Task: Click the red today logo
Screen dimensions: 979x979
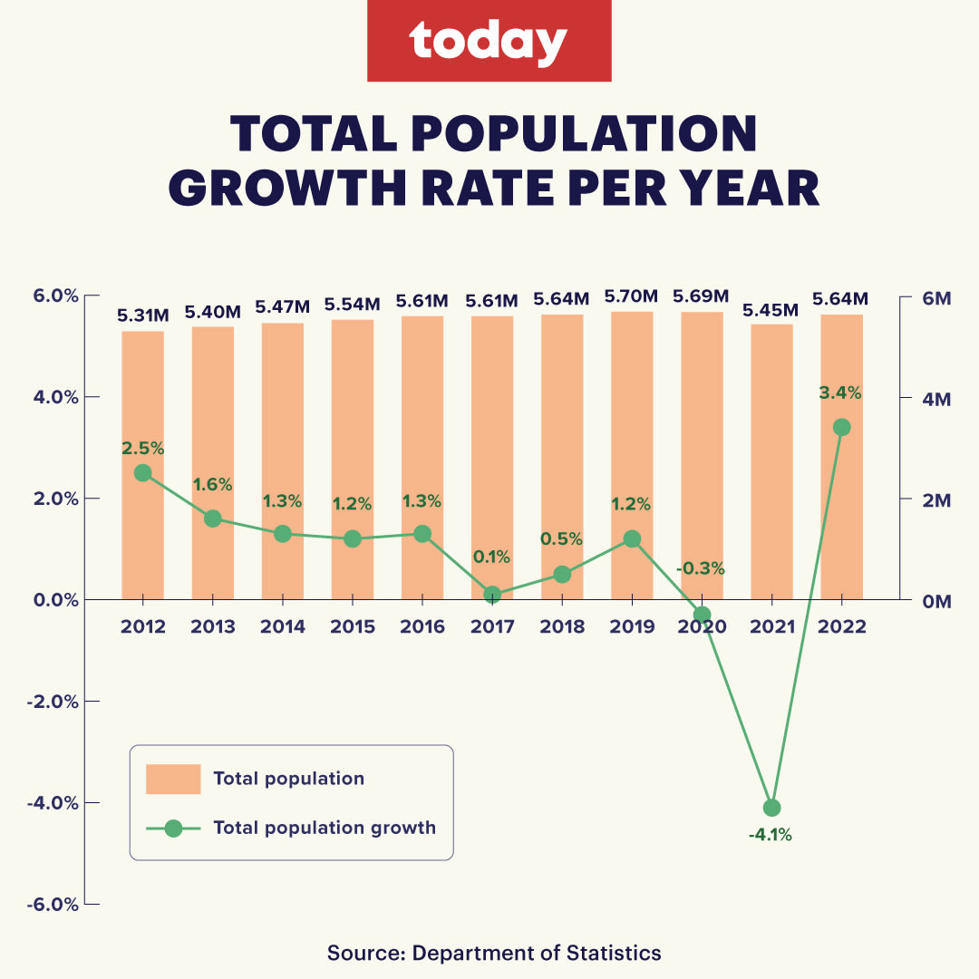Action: click(x=489, y=41)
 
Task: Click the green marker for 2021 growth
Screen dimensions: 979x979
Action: click(x=771, y=808)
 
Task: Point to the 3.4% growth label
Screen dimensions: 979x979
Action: click(x=840, y=393)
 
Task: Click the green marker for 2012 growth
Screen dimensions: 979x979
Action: click(x=142, y=472)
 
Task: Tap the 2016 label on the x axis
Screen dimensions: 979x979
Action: click(x=422, y=626)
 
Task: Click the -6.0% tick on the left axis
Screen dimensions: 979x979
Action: click(x=56, y=905)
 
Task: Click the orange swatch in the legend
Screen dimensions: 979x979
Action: click(x=172, y=779)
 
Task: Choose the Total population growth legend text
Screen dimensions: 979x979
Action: click(x=325, y=828)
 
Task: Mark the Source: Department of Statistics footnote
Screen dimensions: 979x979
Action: click(x=494, y=953)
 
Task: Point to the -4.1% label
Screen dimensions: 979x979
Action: click(x=770, y=835)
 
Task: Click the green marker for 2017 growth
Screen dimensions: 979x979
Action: click(x=492, y=595)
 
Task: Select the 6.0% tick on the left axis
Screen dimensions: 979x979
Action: click(x=56, y=296)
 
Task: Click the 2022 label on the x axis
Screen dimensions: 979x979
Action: click(x=842, y=626)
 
